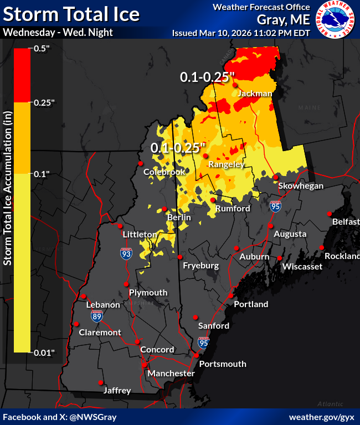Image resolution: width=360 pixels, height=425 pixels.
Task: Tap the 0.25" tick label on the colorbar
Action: click(45, 102)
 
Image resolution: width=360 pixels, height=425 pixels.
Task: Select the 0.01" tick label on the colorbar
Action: click(45, 352)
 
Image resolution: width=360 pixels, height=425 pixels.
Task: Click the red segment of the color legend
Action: click(22, 75)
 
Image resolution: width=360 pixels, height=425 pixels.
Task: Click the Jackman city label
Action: click(255, 94)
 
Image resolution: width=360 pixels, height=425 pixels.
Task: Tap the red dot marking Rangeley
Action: click(205, 157)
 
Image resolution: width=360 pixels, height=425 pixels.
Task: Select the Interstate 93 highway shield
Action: click(126, 254)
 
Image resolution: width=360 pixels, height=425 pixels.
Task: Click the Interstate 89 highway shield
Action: click(97, 316)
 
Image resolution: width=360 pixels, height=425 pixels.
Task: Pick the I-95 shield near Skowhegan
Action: click(275, 206)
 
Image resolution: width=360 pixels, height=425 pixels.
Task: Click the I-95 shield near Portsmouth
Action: click(203, 343)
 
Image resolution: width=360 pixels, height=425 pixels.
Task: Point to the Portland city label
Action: click(251, 304)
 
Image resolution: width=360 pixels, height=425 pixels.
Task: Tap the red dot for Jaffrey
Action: click(100, 382)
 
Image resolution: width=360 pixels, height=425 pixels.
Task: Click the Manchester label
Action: click(171, 374)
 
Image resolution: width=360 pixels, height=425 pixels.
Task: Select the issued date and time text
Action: click(241, 33)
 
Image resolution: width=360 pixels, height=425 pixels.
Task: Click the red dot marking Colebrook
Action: click(141, 163)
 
